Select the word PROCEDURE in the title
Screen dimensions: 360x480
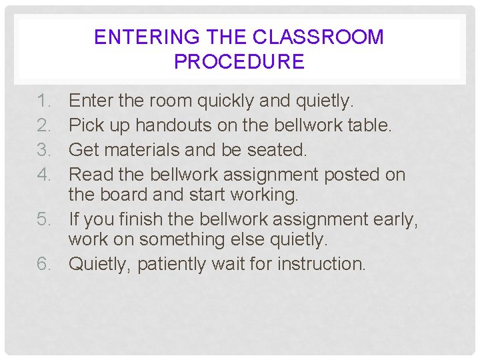(239, 62)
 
